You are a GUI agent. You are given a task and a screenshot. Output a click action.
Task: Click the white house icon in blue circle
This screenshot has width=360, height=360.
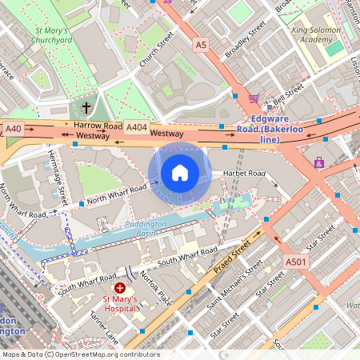point(180,172)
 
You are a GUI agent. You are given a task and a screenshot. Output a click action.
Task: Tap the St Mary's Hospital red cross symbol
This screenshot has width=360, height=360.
point(120,286)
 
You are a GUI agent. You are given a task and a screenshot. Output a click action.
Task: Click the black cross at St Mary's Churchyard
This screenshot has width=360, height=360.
point(86,106)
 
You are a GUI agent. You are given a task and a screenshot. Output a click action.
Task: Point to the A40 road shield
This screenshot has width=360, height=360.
point(13,128)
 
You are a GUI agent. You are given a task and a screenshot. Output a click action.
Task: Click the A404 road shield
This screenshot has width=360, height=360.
point(137,126)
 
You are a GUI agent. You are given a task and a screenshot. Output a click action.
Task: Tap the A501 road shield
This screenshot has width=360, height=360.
point(294,261)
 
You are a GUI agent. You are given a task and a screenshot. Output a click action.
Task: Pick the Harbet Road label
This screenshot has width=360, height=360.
point(244,173)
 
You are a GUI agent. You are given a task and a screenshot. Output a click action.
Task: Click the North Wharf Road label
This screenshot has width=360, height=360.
point(118,194)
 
